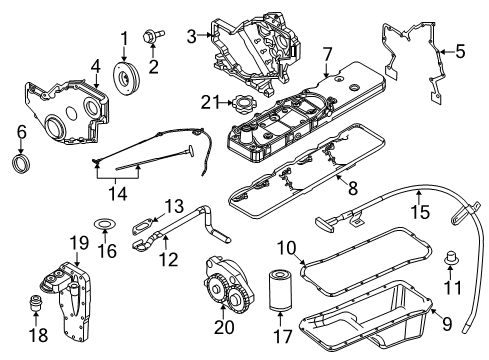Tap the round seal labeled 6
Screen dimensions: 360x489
pyautogui.click(x=21, y=163)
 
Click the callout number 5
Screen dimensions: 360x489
pyautogui.click(x=461, y=48)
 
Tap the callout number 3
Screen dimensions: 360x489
pyautogui.click(x=190, y=37)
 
